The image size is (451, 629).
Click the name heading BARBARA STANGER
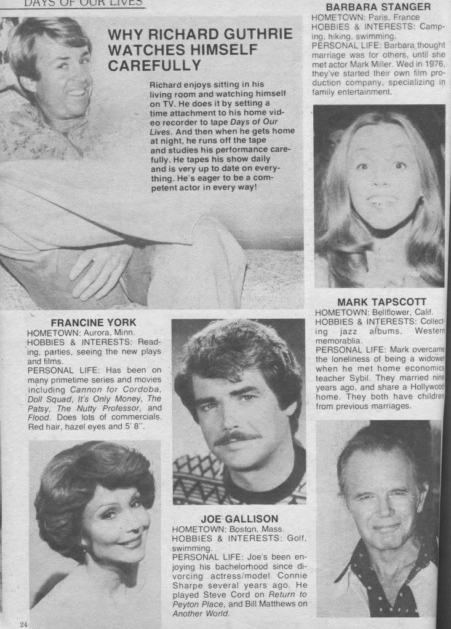382,8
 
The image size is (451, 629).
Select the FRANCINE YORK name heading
94,322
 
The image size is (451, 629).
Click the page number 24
23,624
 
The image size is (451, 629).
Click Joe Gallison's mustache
242,439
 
